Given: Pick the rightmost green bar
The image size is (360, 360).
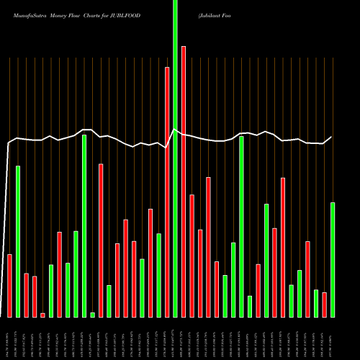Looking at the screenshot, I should (x=333, y=260).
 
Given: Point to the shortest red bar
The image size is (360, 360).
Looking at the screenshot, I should (x=42, y=315).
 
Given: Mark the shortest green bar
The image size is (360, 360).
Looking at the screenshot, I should (x=93, y=315).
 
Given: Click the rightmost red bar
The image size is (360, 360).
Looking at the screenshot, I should (x=324, y=305).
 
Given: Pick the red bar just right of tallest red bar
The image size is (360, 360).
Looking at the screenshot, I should (x=192, y=256).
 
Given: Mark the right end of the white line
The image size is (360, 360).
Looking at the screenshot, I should (x=332, y=137).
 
